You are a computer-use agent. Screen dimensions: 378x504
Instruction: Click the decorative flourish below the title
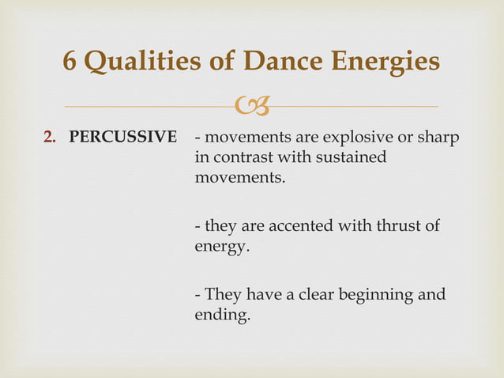pyautogui.click(x=252, y=104)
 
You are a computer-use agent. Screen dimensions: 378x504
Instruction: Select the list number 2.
pyautogui.click(x=49, y=137)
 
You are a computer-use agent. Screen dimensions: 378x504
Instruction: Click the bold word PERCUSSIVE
pyautogui.click(x=122, y=137)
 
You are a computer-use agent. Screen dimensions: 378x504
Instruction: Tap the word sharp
pyautogui.click(x=438, y=137)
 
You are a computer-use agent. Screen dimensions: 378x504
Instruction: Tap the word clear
pyautogui.click(x=313, y=295)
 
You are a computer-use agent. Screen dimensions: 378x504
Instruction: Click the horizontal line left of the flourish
pyautogui.click(x=150, y=106)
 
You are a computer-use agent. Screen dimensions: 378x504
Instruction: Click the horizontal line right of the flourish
pyautogui.click(x=355, y=106)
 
